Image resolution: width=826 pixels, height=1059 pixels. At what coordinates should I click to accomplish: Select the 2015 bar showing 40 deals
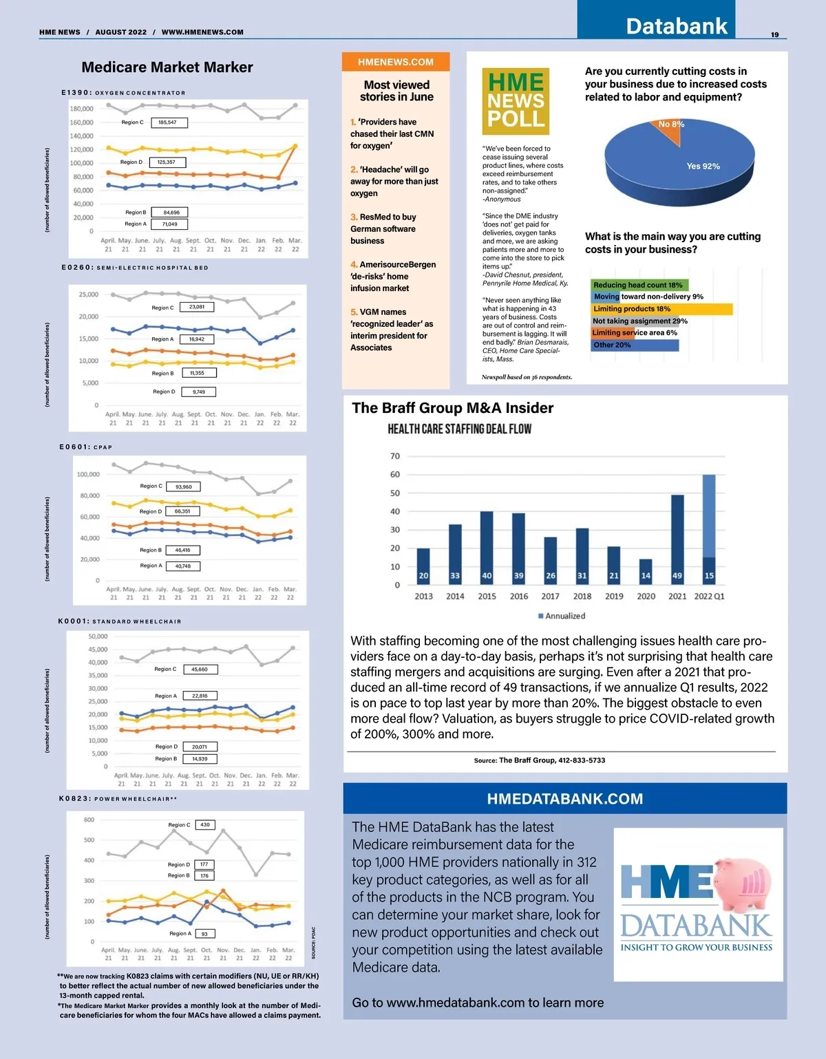[x=487, y=548]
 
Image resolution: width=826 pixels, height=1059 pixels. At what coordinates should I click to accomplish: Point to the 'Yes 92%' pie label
[x=703, y=166]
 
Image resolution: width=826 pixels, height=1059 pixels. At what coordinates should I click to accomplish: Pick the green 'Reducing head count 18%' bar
[x=639, y=285]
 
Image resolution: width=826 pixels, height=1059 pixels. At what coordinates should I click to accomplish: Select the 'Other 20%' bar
[x=635, y=345]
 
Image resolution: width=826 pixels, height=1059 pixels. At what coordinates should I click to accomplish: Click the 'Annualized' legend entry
[x=562, y=616]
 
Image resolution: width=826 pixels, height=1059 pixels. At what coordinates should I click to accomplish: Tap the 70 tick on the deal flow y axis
[x=395, y=456]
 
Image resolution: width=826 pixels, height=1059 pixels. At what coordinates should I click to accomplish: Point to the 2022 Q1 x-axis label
[x=709, y=597]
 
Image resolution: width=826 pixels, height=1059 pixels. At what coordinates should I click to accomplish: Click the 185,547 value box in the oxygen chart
[x=167, y=122]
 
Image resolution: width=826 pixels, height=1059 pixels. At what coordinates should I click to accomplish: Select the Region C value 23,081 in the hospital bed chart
[x=197, y=307]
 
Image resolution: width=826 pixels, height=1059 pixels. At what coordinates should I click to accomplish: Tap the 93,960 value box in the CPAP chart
[x=183, y=486]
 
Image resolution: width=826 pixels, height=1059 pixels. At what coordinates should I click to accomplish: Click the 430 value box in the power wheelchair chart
[x=205, y=824]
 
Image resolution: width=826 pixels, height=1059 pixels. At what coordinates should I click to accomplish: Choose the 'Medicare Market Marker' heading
[x=167, y=67]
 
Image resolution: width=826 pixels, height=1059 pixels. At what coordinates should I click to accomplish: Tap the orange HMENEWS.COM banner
[x=396, y=62]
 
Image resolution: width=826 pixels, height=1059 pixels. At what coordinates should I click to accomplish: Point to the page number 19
[x=775, y=34]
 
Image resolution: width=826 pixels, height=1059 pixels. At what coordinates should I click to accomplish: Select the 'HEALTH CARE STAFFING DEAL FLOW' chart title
[x=459, y=429]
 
